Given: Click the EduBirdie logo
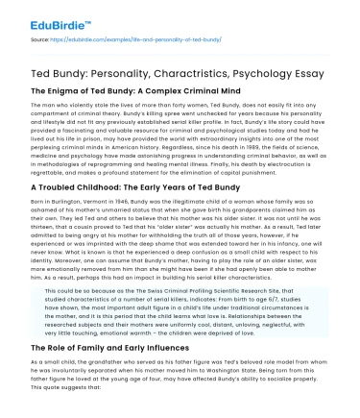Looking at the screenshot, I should click(x=47, y=18).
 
